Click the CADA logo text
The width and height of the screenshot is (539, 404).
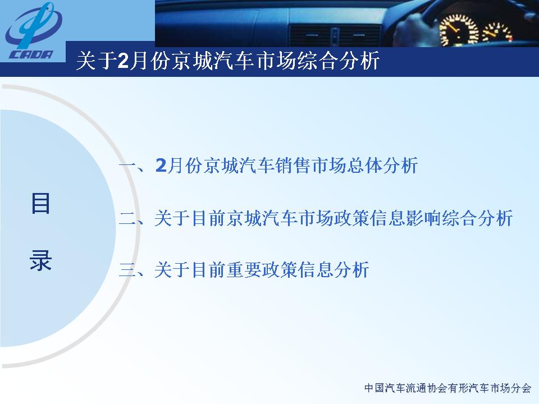(x=31, y=54)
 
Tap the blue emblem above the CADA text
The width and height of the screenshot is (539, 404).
(x=33, y=26)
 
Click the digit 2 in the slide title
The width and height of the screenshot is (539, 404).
(x=123, y=61)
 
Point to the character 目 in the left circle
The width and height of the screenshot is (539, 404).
(x=40, y=203)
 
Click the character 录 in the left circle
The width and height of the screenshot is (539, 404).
(x=40, y=260)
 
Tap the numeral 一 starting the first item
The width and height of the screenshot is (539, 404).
(x=128, y=166)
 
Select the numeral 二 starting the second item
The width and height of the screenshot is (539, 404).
(x=128, y=218)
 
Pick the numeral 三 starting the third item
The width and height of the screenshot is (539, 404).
(x=128, y=270)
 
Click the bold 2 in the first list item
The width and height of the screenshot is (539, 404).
(x=161, y=165)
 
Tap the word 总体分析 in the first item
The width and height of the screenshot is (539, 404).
(x=382, y=165)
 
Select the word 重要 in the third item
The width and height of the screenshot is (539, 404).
(x=244, y=269)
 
